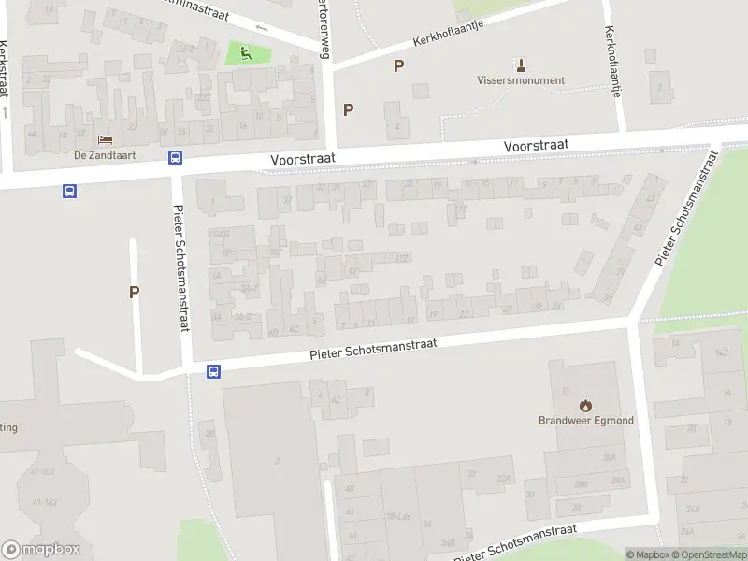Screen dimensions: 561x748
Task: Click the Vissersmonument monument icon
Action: coord(521,65)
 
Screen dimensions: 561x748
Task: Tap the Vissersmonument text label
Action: coord(521,80)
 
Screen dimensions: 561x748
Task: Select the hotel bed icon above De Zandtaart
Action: coord(104,140)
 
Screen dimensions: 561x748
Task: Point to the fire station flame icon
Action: coord(585,405)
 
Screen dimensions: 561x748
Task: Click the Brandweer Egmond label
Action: coord(585,421)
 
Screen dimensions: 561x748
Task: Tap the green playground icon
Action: coord(246,52)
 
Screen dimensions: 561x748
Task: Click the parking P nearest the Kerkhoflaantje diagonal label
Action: coord(399,65)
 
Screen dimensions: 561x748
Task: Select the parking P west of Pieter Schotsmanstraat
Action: coord(134,292)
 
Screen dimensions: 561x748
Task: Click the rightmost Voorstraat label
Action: coord(536,146)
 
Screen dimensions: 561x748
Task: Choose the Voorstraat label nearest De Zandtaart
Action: coord(302,160)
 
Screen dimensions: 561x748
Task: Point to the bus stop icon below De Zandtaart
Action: coord(175,157)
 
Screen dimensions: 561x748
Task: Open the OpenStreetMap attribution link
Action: coord(707,555)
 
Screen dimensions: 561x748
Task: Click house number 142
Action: coord(720,352)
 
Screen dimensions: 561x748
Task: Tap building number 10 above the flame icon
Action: coord(565,390)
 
